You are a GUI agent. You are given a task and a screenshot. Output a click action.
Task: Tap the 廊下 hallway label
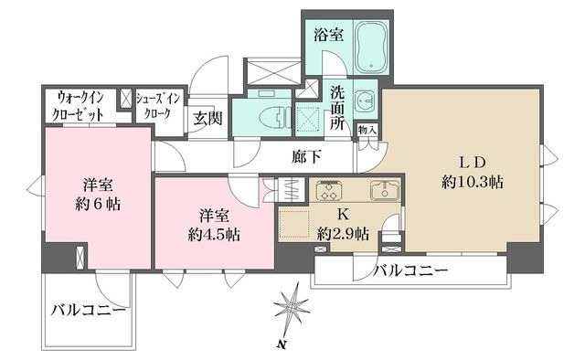pyautogui.click(x=307, y=156)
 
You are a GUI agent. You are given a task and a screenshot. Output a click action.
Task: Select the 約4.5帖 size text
pyautogui.click(x=216, y=233)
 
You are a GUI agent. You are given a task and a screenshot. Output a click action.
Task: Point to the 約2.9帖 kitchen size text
pyautogui.click(x=342, y=235)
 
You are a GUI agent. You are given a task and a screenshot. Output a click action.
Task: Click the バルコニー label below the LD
pyautogui.click(x=409, y=270)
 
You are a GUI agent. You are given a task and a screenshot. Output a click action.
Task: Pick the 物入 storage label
pyautogui.click(x=367, y=131)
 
